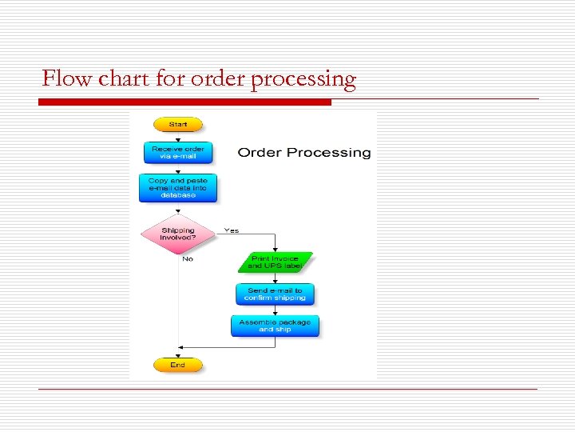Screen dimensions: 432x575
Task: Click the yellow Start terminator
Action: tap(177, 124)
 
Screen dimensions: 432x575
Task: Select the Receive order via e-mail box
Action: tap(177, 152)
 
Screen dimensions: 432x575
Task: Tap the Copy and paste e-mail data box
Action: tap(177, 188)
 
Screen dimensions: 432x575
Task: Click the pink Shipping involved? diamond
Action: tap(177, 234)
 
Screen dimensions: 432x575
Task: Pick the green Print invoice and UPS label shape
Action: tap(275, 262)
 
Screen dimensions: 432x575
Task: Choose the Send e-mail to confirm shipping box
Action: tap(276, 294)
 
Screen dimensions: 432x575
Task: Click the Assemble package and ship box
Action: tap(276, 326)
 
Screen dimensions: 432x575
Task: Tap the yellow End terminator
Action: tap(177, 365)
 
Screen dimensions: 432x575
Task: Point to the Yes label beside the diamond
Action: tap(231, 230)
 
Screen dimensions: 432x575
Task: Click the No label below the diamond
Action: tap(188, 259)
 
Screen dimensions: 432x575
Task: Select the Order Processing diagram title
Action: tap(304, 152)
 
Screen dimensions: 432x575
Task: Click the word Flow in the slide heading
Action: tap(62, 79)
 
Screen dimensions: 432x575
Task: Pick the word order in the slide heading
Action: tap(214, 79)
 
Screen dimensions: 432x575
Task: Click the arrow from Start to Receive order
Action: tap(177, 137)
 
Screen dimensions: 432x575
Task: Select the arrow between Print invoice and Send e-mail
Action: tap(276, 278)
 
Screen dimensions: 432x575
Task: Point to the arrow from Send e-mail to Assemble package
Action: tap(276, 310)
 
